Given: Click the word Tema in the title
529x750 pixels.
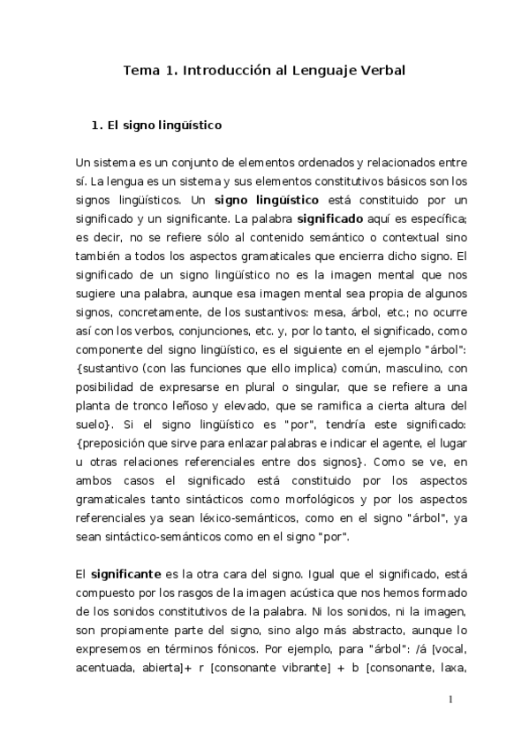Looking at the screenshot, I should [x=138, y=71].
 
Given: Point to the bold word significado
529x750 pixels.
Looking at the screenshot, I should [x=336, y=218].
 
